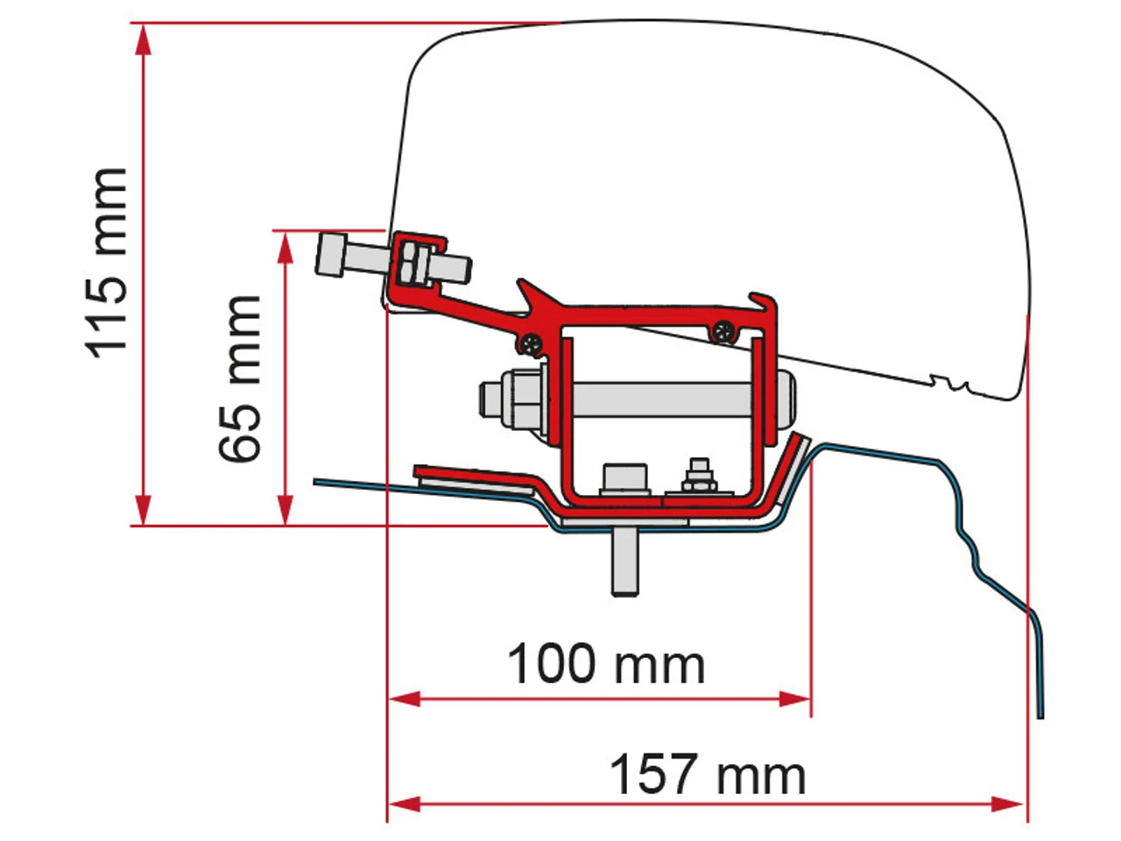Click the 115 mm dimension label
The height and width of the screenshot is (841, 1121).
[x=109, y=263]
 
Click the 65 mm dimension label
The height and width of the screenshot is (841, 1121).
[x=241, y=378]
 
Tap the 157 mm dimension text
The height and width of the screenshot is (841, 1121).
[x=707, y=774]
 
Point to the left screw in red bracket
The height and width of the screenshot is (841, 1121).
[x=531, y=344]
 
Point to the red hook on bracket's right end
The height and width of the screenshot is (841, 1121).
[x=765, y=307]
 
